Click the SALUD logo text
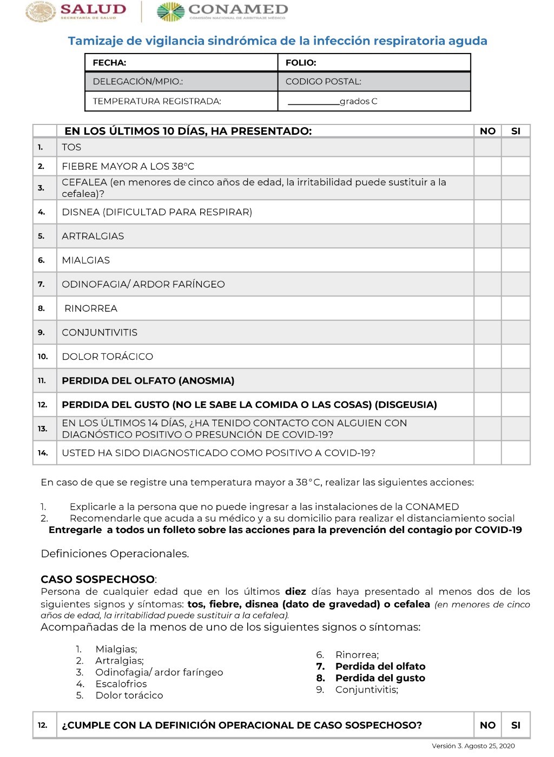[93, 9]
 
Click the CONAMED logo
[223, 11]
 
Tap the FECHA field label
[109, 63]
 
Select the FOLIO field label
[301, 63]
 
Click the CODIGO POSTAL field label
[323, 82]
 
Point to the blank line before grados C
[313, 101]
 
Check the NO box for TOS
[487, 147]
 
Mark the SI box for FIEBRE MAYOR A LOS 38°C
[516, 166]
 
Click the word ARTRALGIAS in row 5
[93, 236]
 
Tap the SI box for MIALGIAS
[516, 260]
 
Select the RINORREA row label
[91, 308]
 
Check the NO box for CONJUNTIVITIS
[487, 332]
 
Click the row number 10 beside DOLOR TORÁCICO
[43, 357]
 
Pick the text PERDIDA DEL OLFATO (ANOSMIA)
[148, 381]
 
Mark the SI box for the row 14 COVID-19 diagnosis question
[516, 453]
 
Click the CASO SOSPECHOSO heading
[98, 579]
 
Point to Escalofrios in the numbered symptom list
[121, 684]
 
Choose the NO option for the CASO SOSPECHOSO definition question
[487, 725]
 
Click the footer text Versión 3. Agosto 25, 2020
[473, 746]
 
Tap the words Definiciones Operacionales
[115, 554]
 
